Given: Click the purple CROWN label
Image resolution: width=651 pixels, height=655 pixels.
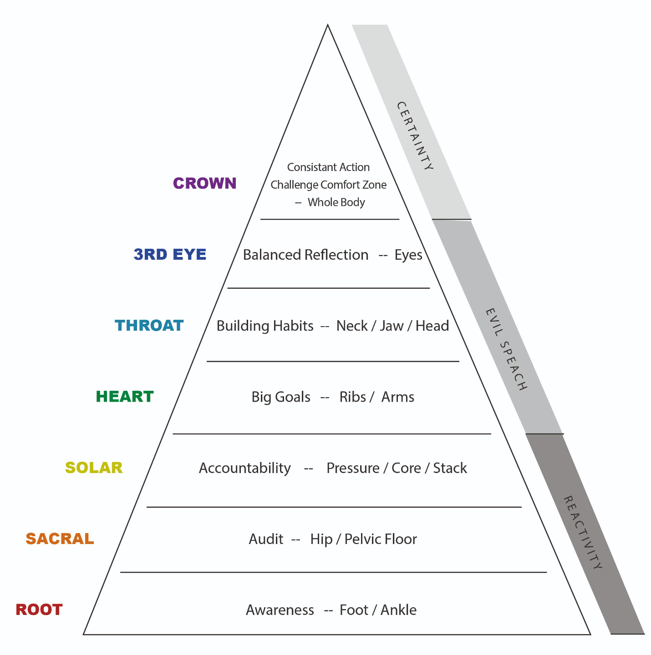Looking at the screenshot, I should click(204, 183).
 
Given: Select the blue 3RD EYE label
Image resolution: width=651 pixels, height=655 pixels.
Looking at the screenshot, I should click(170, 254).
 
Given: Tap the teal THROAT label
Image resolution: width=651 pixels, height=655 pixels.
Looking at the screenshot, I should click(149, 326).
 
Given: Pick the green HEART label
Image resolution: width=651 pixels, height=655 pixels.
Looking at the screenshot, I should click(125, 397).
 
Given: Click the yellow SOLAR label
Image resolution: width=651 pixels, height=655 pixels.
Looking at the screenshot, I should click(94, 468).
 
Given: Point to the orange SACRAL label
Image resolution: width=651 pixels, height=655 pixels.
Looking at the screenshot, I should click(60, 539).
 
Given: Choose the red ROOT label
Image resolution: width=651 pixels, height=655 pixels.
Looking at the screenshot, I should click(39, 610).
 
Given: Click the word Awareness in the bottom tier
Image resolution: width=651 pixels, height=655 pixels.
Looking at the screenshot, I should click(280, 610).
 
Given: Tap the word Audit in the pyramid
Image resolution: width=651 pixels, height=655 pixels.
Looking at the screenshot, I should click(266, 539).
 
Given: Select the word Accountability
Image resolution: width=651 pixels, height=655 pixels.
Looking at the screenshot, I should click(244, 468).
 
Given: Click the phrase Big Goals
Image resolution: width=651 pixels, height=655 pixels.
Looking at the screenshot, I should click(281, 397).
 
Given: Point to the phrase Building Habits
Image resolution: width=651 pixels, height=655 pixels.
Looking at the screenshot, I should click(264, 326).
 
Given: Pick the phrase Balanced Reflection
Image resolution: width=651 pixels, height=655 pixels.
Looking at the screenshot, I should click(305, 255).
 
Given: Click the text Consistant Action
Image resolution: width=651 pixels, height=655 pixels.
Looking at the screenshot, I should click(328, 167).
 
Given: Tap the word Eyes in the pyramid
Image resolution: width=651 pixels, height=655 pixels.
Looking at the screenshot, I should click(408, 255).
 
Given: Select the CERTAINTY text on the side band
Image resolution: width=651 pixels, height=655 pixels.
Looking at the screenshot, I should click(415, 136).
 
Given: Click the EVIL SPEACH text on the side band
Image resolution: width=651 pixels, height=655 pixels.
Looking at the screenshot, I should click(506, 349).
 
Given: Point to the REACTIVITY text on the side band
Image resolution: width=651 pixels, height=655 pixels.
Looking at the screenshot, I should click(583, 532).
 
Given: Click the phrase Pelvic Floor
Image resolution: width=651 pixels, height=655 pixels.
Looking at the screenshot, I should click(381, 539).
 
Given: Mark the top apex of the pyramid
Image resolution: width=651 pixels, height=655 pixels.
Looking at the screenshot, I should click(328, 25).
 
